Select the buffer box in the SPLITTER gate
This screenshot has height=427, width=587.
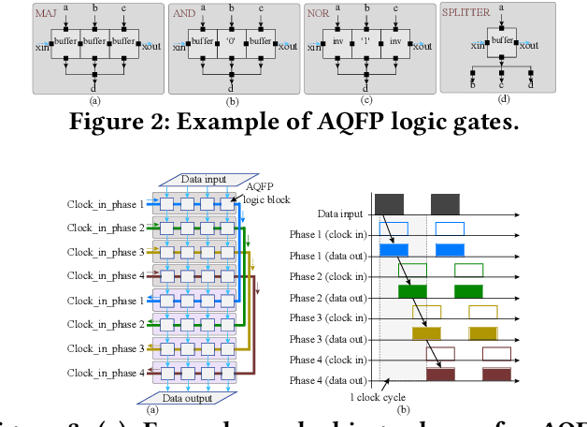click(503, 40)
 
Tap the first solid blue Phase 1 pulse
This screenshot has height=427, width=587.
click(394, 249)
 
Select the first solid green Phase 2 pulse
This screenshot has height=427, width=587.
click(412, 291)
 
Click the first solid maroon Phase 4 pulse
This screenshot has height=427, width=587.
click(440, 375)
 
